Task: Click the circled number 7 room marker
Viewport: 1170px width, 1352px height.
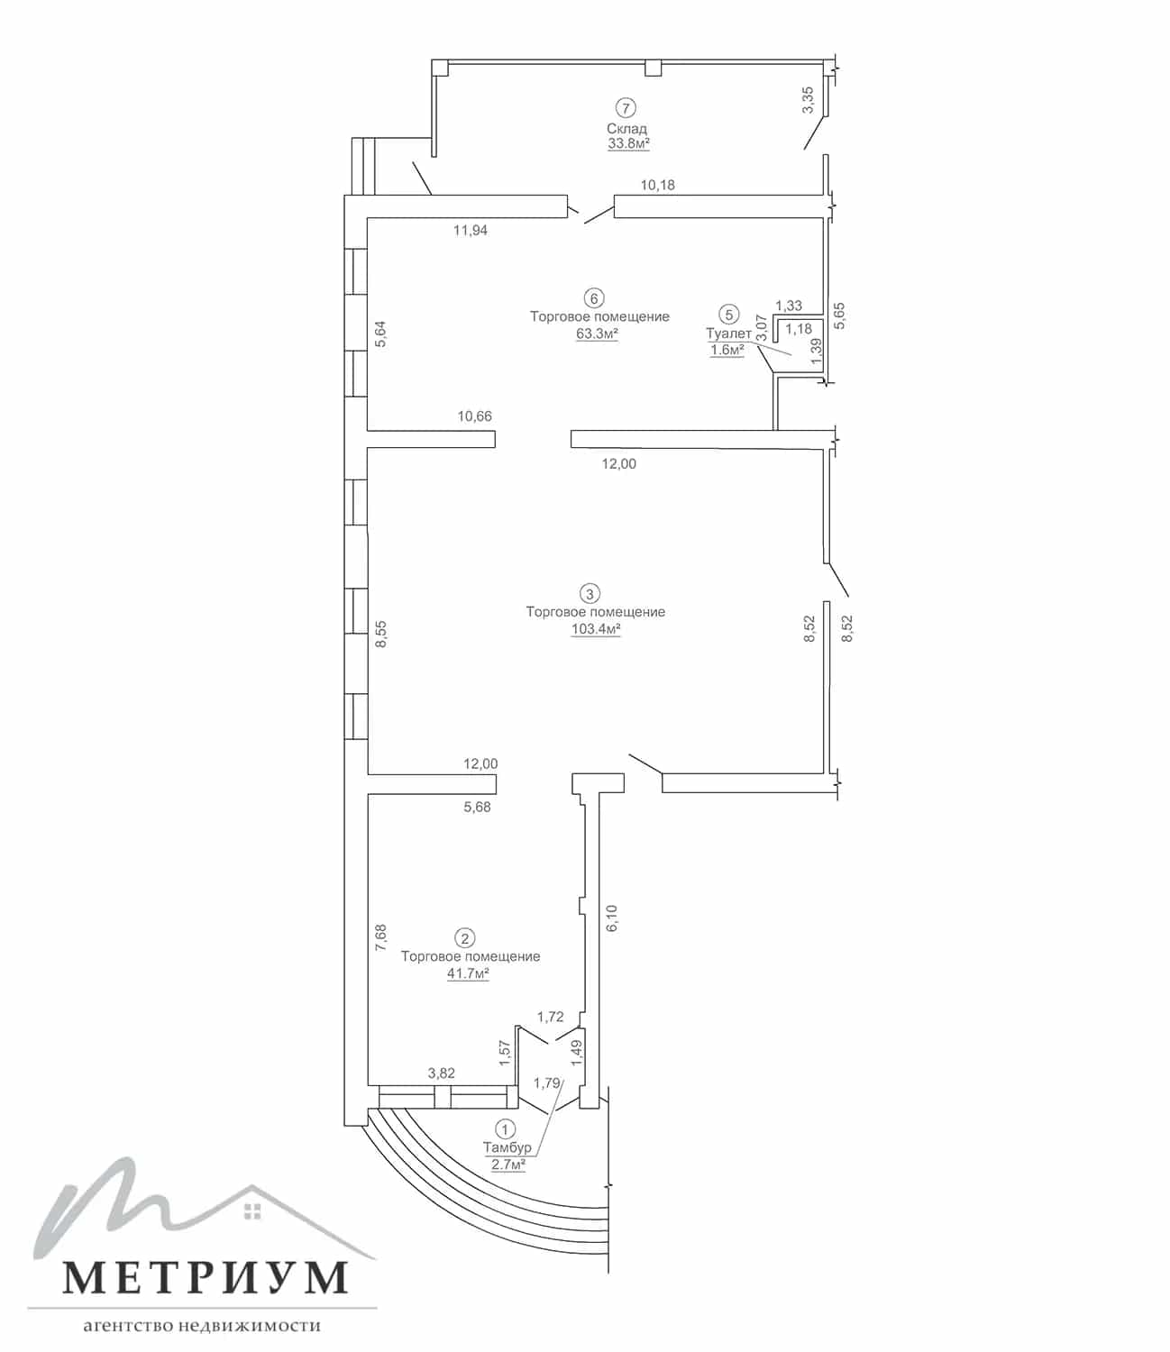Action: click(x=626, y=108)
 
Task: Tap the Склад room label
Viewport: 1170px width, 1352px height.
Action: click(x=626, y=129)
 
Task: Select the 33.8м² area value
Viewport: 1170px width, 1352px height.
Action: click(x=628, y=143)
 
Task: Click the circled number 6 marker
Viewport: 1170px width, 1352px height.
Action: click(x=594, y=299)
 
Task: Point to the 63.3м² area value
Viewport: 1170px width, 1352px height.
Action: click(x=597, y=333)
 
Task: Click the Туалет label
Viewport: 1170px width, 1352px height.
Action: click(x=728, y=333)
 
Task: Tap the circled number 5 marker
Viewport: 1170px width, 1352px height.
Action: click(x=729, y=315)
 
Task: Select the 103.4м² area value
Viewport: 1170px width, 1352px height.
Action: click(x=596, y=629)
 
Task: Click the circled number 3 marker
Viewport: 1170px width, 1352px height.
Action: click(x=590, y=594)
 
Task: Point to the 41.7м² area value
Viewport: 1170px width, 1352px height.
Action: click(x=468, y=973)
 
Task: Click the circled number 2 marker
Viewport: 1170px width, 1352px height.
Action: click(x=465, y=938)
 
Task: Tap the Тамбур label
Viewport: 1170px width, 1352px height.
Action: click(x=507, y=1147)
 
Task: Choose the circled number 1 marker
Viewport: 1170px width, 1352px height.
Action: click(x=504, y=1129)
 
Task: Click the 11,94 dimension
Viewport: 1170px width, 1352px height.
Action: click(x=471, y=230)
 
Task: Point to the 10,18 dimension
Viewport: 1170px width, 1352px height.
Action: click(x=657, y=185)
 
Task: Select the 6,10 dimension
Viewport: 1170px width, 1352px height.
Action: click(x=611, y=918)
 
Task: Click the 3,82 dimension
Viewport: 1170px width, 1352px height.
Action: click(x=442, y=1073)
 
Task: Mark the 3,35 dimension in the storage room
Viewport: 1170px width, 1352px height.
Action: click(x=808, y=100)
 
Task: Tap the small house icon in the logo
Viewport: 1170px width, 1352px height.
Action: click(x=252, y=1211)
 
